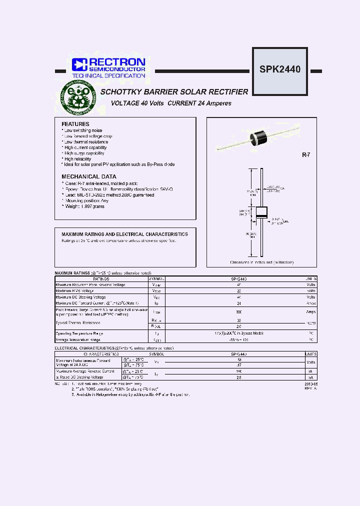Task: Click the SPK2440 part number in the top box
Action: coord(279,69)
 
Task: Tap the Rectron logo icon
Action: coord(79,64)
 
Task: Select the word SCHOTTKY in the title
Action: coord(123,92)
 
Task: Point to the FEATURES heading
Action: coord(75,124)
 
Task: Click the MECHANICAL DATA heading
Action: coord(89,176)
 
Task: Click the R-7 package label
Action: coord(306,155)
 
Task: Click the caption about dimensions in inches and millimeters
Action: coord(261,262)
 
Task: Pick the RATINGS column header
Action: coord(101,278)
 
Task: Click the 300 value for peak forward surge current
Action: coord(238,311)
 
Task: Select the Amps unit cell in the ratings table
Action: coord(310,311)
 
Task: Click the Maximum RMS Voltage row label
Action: coord(74,290)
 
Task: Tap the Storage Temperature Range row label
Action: coord(79,339)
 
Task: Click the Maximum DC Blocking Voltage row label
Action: coord(80,297)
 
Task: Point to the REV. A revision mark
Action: coord(310,388)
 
